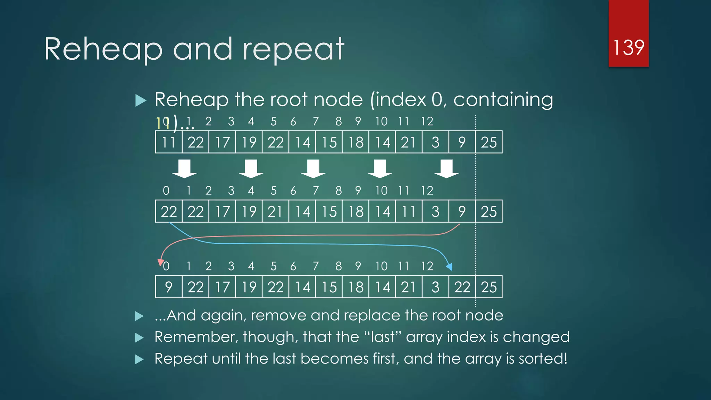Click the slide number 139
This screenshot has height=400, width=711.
(x=628, y=48)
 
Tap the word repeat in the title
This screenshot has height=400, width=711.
(x=293, y=50)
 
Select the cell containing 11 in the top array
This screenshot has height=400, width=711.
(x=169, y=142)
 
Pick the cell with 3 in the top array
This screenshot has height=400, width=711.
(x=435, y=142)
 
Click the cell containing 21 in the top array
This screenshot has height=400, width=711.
(x=409, y=142)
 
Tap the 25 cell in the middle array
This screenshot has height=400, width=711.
(x=489, y=211)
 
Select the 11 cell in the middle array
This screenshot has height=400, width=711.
(x=409, y=211)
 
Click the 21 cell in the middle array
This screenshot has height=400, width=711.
(x=275, y=211)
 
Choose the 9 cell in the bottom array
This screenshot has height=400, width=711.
(x=169, y=287)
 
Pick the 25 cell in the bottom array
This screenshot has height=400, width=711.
(x=489, y=287)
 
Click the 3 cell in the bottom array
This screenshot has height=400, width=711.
(x=435, y=287)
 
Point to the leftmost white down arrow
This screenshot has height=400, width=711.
(x=184, y=169)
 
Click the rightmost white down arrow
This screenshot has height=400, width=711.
(x=446, y=169)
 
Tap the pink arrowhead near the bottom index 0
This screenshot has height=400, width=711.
(x=161, y=262)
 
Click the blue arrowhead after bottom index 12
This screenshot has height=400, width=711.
(x=449, y=267)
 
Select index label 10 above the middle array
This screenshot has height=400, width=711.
(x=381, y=191)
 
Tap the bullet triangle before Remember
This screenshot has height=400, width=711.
(x=140, y=337)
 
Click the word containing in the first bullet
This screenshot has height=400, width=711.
(x=503, y=100)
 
